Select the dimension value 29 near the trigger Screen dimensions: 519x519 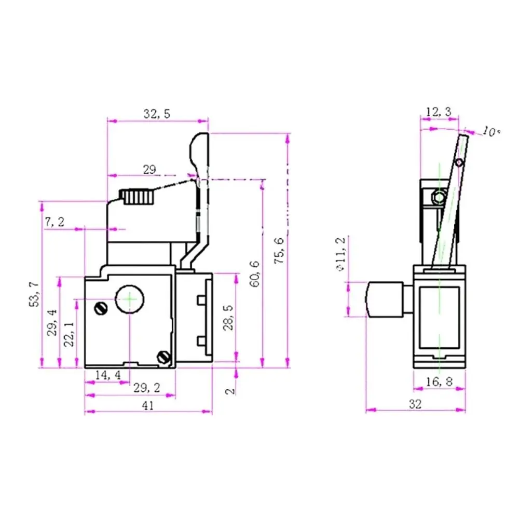pyautogui.click(x=149, y=169)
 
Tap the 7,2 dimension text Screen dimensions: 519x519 pyautogui.click(x=54, y=222)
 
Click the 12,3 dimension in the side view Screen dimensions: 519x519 pyautogui.click(x=439, y=112)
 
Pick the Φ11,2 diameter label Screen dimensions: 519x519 pyautogui.click(x=340, y=254)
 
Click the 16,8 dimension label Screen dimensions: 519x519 pyautogui.click(x=439, y=382)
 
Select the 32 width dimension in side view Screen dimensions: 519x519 pyautogui.click(x=415, y=404)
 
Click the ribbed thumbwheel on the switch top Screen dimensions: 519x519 pyautogui.click(x=137, y=197)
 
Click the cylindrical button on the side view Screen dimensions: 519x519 pyautogui.click(x=385, y=299)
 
